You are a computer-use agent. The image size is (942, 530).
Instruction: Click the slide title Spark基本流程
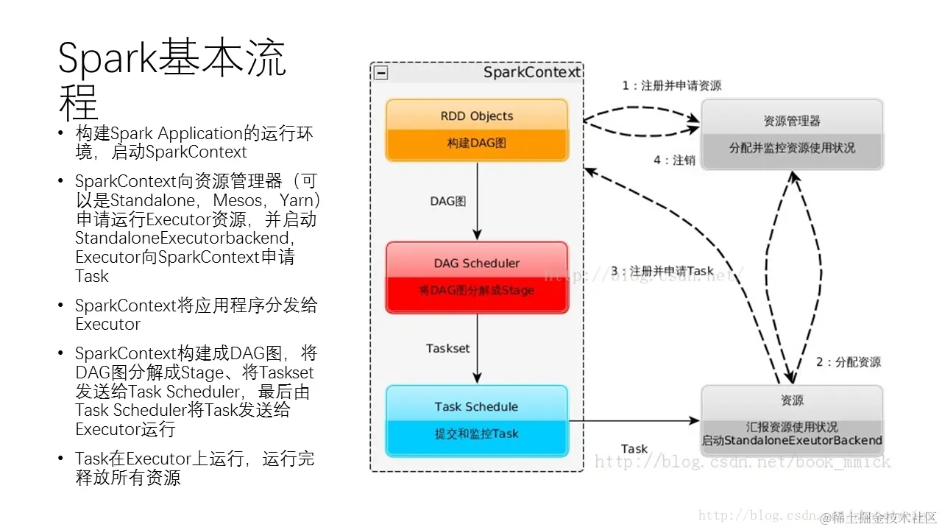(x=171, y=79)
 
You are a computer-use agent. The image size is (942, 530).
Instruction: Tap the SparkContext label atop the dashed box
(x=531, y=72)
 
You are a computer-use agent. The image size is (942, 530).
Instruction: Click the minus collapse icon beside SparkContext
(x=380, y=73)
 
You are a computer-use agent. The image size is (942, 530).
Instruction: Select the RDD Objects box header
(x=476, y=116)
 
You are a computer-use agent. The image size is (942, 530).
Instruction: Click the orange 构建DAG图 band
(x=476, y=143)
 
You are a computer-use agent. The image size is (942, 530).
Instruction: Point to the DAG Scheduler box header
(x=476, y=263)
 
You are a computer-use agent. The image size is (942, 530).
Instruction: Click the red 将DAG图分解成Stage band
(x=476, y=290)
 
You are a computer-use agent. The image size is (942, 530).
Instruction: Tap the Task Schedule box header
(x=476, y=406)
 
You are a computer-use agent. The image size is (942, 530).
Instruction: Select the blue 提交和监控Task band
(x=476, y=434)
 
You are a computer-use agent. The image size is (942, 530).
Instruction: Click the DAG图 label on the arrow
(x=447, y=200)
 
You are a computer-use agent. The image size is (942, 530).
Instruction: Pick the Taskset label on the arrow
(x=447, y=348)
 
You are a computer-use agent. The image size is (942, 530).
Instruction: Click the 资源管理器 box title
(x=792, y=121)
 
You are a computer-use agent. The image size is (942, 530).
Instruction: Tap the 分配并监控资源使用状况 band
(x=792, y=147)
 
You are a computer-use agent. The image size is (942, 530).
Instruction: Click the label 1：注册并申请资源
(x=671, y=85)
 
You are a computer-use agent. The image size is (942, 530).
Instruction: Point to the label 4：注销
(x=673, y=160)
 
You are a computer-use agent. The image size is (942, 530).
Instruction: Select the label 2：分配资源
(x=848, y=361)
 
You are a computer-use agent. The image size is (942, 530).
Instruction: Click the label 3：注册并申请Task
(x=662, y=271)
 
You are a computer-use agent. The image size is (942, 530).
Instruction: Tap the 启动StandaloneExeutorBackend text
(x=792, y=440)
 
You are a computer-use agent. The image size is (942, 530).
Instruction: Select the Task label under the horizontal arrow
(x=634, y=448)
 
